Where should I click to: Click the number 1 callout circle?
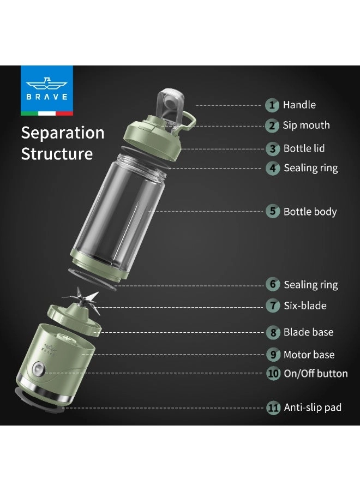tap(272, 105)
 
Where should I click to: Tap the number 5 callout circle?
tap(273, 211)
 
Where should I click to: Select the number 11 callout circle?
tap(273, 408)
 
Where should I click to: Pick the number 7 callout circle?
tap(273, 306)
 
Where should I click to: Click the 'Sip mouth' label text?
tap(306, 125)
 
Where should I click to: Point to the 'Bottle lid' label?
tap(304, 148)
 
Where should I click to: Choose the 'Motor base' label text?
tap(309, 355)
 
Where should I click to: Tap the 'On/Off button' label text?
tap(316, 373)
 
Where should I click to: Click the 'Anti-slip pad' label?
tap(313, 408)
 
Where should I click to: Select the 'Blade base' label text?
tap(308, 332)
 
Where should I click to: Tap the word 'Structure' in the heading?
tap(57, 154)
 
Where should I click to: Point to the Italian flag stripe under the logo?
tap(47, 113)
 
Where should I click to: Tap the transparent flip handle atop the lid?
tap(169, 105)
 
